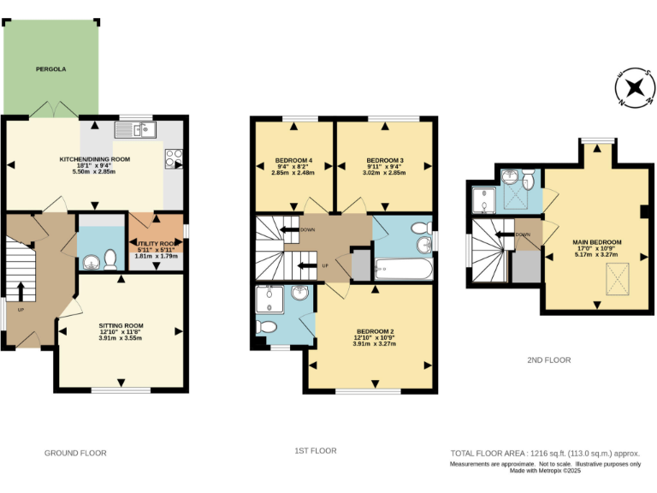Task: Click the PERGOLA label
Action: point(50,68)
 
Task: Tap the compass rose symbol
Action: point(634,87)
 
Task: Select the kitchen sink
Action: point(136,131)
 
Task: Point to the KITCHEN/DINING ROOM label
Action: point(94,160)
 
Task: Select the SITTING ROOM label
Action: point(121,326)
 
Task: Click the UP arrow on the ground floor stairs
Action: point(20,291)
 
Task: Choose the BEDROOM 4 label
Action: point(293,161)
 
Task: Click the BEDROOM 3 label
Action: point(384,161)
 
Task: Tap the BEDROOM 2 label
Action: point(375,331)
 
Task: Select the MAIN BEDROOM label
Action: point(597,242)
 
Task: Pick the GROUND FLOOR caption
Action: point(75,453)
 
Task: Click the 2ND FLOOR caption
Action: point(548,360)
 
